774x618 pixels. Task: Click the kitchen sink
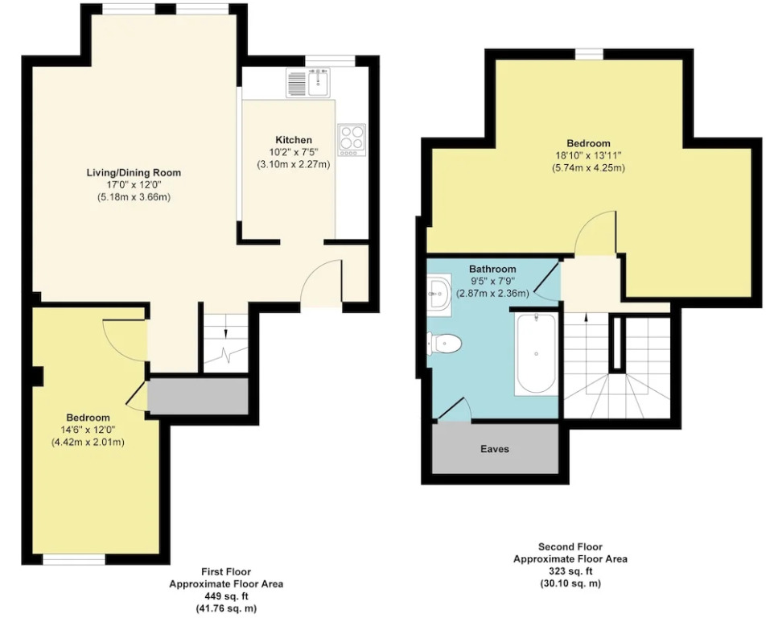308,82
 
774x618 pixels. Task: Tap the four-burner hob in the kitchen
352,140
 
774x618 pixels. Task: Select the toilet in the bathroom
444,344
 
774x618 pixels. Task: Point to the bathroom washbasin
438,294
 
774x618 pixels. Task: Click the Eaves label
495,449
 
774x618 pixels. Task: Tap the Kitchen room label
294,140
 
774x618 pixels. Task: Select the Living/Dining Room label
134,173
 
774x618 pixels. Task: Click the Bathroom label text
492,269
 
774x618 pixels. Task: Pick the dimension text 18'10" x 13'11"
588,155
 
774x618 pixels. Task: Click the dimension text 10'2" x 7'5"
293,152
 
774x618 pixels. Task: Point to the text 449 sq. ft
226,596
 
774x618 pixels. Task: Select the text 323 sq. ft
570,571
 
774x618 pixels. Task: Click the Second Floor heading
570,546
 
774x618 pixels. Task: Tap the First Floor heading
226,571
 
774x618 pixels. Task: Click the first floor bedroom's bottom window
73,559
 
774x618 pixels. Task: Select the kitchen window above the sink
330,60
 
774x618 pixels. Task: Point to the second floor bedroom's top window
590,54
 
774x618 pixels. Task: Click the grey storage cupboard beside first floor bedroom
198,397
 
